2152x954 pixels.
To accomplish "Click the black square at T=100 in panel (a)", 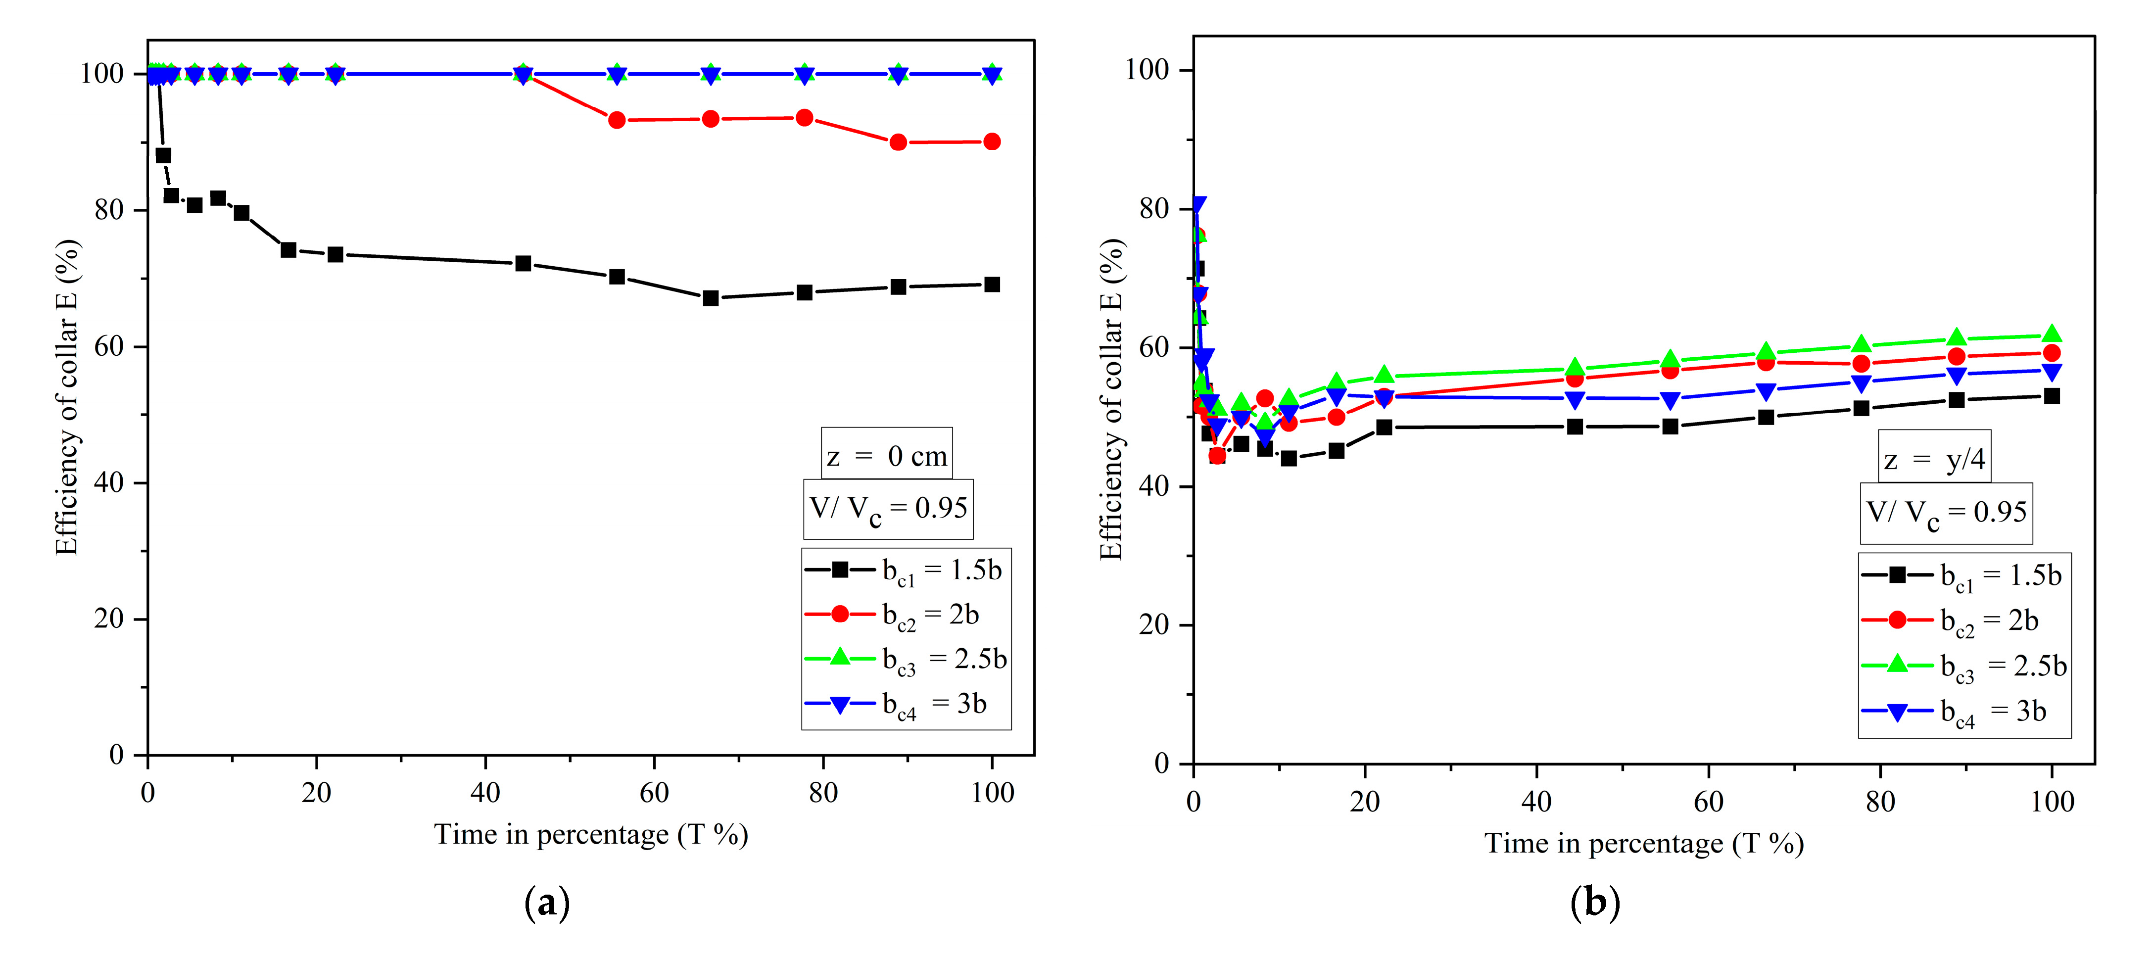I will click(992, 285).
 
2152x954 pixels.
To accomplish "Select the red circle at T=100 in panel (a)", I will click(992, 142).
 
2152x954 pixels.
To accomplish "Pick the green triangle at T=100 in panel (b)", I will click(2052, 334).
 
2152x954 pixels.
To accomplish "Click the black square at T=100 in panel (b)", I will click(2052, 396).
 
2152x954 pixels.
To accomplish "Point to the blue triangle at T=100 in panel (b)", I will click(2052, 372).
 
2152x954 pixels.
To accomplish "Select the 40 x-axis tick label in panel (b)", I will click(1536, 802).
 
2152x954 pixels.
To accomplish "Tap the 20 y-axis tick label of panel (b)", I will click(1154, 625).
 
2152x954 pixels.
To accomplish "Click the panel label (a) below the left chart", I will click(547, 903).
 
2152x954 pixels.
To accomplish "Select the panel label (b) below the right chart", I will click(1595, 903).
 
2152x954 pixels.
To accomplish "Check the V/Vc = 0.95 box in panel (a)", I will click(888, 509).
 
